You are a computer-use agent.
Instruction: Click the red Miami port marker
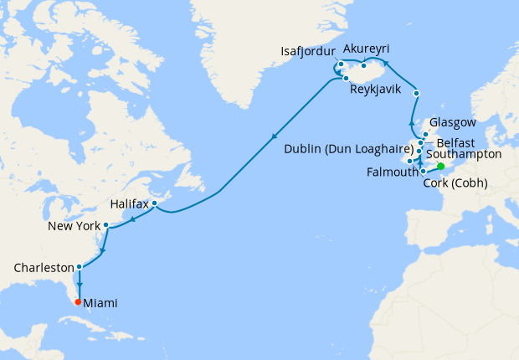click(x=78, y=302)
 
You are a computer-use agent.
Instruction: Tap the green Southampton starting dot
click(x=440, y=166)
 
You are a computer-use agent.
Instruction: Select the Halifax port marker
click(x=155, y=203)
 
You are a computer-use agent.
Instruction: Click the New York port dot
click(x=105, y=225)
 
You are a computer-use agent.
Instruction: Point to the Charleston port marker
click(x=79, y=268)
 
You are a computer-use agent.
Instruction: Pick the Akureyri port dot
click(x=364, y=65)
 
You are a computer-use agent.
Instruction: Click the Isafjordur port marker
click(x=341, y=64)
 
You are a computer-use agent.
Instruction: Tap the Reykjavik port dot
click(x=346, y=78)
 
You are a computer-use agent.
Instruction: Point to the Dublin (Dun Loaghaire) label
click(x=344, y=149)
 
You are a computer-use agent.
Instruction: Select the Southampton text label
click(x=464, y=155)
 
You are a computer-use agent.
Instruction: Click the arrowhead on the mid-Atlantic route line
click(x=275, y=138)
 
